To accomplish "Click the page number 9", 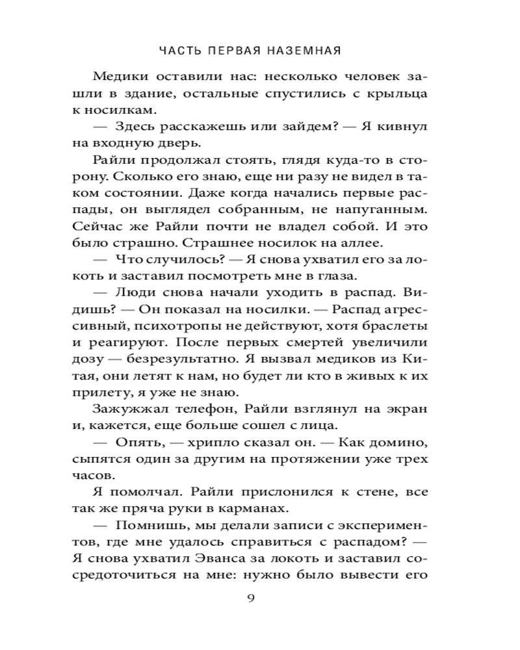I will tap(260, 599).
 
